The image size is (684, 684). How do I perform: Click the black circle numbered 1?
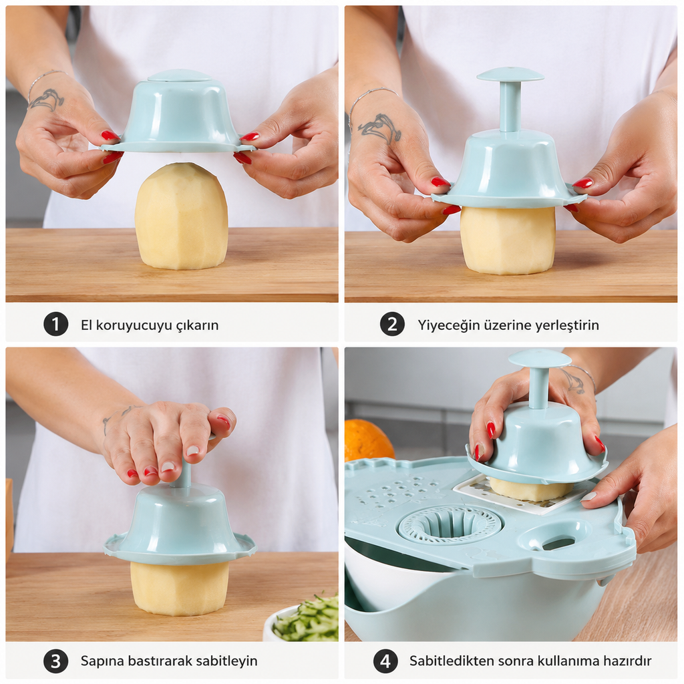coord(56,324)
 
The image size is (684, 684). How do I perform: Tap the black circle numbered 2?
coord(392,324)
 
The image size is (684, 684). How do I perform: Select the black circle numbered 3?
coord(56,661)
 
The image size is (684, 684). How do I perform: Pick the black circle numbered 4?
coord(385,661)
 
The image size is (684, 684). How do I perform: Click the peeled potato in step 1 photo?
coord(181,216)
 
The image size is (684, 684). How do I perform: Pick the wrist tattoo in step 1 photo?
coord(46,99)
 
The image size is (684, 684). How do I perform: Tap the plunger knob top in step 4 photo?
coord(540,359)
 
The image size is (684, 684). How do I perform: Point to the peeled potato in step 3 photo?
coord(179,588)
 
